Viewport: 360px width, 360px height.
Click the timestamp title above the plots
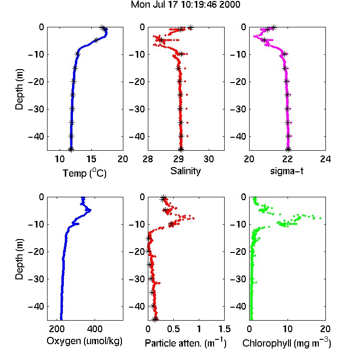pos(185,5)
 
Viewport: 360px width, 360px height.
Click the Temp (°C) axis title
pos(84,173)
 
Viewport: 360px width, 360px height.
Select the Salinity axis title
pos(185,171)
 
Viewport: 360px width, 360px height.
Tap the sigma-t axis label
pos(287,171)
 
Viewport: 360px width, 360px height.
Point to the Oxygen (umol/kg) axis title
pos(84,341)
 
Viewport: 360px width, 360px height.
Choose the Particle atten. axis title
pos(185,343)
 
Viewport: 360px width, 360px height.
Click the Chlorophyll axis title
pos(287,343)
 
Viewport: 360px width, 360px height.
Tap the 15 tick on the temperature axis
pos(91,159)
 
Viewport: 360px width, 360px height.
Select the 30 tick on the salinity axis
pos(209,159)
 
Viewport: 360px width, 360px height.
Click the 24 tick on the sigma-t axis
pos(325,159)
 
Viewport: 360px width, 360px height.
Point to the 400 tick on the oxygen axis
pos(95,329)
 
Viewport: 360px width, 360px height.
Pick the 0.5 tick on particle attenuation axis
pos(173,329)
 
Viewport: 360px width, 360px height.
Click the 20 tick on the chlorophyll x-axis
pos(325,329)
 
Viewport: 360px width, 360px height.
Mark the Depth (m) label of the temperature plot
pos(19,89)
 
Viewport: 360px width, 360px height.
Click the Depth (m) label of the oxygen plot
pos(19,259)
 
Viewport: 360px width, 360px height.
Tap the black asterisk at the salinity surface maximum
pos(191,27)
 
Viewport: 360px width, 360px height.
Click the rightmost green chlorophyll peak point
pos(321,218)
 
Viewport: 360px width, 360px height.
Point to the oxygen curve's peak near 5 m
pos(90,210)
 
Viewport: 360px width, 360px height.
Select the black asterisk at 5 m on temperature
pos(96,40)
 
